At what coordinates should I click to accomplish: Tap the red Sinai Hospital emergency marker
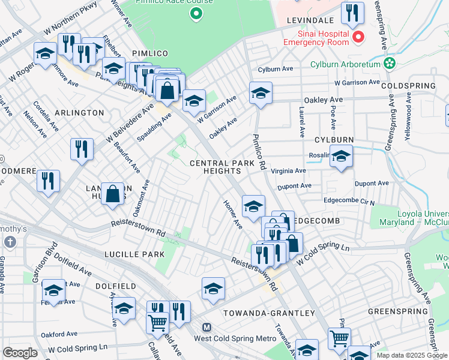[x=358, y=37]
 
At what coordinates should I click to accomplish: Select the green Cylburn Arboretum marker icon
[x=390, y=62]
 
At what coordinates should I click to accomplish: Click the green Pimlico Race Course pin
[x=194, y=13]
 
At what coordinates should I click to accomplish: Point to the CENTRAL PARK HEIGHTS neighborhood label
[x=215, y=167]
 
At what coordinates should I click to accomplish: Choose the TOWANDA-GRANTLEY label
[x=268, y=313]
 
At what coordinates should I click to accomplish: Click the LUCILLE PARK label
[x=134, y=254]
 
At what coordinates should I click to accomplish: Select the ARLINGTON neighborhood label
[x=79, y=113]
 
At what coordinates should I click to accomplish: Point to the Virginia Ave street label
[x=289, y=171]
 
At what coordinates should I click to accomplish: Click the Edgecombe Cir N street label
[x=349, y=203]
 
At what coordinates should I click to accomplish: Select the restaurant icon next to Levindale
[x=352, y=13]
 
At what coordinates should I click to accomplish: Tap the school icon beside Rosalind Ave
[x=341, y=157]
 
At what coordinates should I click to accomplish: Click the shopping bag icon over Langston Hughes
[x=112, y=194]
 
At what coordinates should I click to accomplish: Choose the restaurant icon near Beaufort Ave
[x=82, y=149]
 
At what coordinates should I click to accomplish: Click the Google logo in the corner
[x=20, y=352]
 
